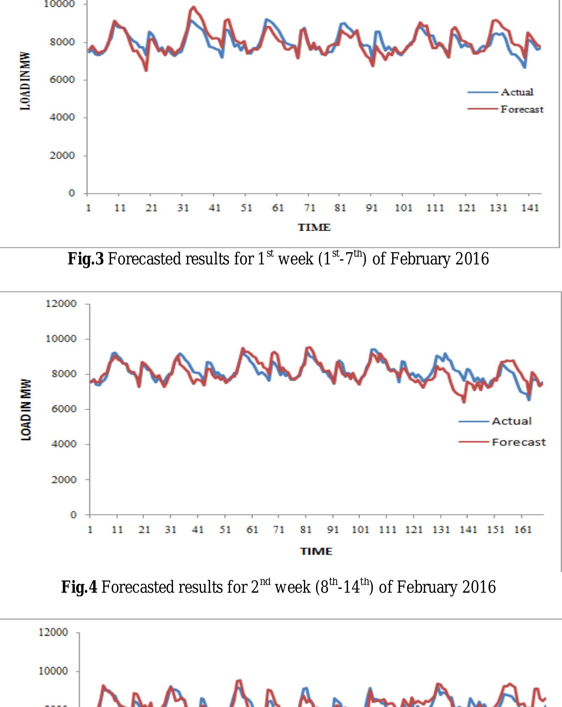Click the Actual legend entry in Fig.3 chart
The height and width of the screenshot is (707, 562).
click(516, 92)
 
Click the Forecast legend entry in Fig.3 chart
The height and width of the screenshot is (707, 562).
click(521, 109)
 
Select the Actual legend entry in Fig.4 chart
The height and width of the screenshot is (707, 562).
click(511, 421)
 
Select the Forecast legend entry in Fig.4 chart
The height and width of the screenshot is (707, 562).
click(518, 442)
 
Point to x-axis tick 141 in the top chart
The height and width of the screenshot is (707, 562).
click(530, 208)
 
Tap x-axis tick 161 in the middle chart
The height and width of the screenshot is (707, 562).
click(523, 530)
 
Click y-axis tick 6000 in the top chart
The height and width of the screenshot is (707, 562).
click(62, 80)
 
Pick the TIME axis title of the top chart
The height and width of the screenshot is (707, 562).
click(314, 227)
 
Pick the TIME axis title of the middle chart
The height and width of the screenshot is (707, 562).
click(316, 552)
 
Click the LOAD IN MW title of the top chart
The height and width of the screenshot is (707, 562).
click(25, 81)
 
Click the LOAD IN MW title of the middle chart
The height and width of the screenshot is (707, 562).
click(26, 410)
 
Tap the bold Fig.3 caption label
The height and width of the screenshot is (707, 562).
click(86, 259)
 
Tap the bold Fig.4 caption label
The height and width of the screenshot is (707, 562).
click(79, 587)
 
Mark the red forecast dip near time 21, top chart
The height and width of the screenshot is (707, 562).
click(146, 70)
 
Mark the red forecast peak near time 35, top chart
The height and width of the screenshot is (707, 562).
click(193, 7)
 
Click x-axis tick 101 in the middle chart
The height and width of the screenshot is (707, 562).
click(360, 530)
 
